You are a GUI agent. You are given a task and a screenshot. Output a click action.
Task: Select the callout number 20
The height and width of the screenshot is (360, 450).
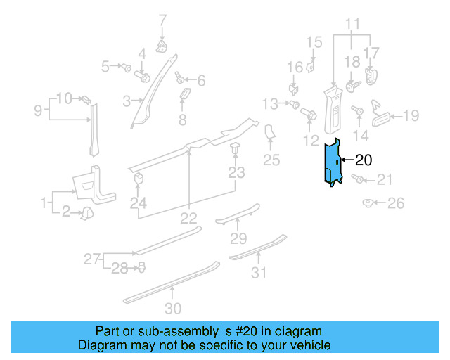pos(365,159)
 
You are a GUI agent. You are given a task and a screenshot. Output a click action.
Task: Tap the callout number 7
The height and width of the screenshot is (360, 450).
pos(162,20)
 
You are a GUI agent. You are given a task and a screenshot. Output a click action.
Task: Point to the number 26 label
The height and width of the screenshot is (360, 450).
pos(396,204)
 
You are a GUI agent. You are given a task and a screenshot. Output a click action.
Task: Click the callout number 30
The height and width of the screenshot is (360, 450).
pos(172,308)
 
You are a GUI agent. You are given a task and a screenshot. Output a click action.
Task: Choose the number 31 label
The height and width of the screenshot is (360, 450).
pos(259,272)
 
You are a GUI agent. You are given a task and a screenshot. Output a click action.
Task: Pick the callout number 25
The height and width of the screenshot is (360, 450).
pos(271,160)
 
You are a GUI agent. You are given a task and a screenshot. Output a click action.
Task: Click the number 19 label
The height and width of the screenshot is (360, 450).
pos(411,115)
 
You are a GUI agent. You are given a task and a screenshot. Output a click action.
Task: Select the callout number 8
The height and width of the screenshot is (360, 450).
pos(182,120)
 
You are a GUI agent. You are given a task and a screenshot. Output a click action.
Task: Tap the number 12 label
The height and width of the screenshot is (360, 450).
pos(311,141)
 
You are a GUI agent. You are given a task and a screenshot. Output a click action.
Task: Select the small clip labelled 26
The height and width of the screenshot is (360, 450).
pos(368,204)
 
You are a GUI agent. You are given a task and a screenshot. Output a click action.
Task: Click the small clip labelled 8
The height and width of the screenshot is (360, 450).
pos(185,95)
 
